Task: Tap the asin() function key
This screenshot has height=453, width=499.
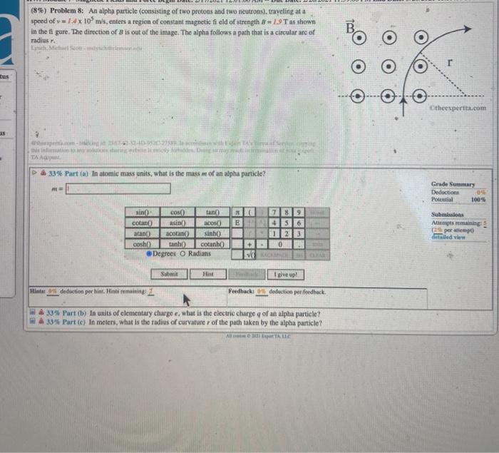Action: [178, 223]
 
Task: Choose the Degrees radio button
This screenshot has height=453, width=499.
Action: [150, 253]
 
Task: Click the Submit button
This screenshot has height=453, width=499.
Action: [169, 274]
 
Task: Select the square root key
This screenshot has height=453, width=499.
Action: [250, 253]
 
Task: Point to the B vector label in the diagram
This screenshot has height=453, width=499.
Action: [350, 29]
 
